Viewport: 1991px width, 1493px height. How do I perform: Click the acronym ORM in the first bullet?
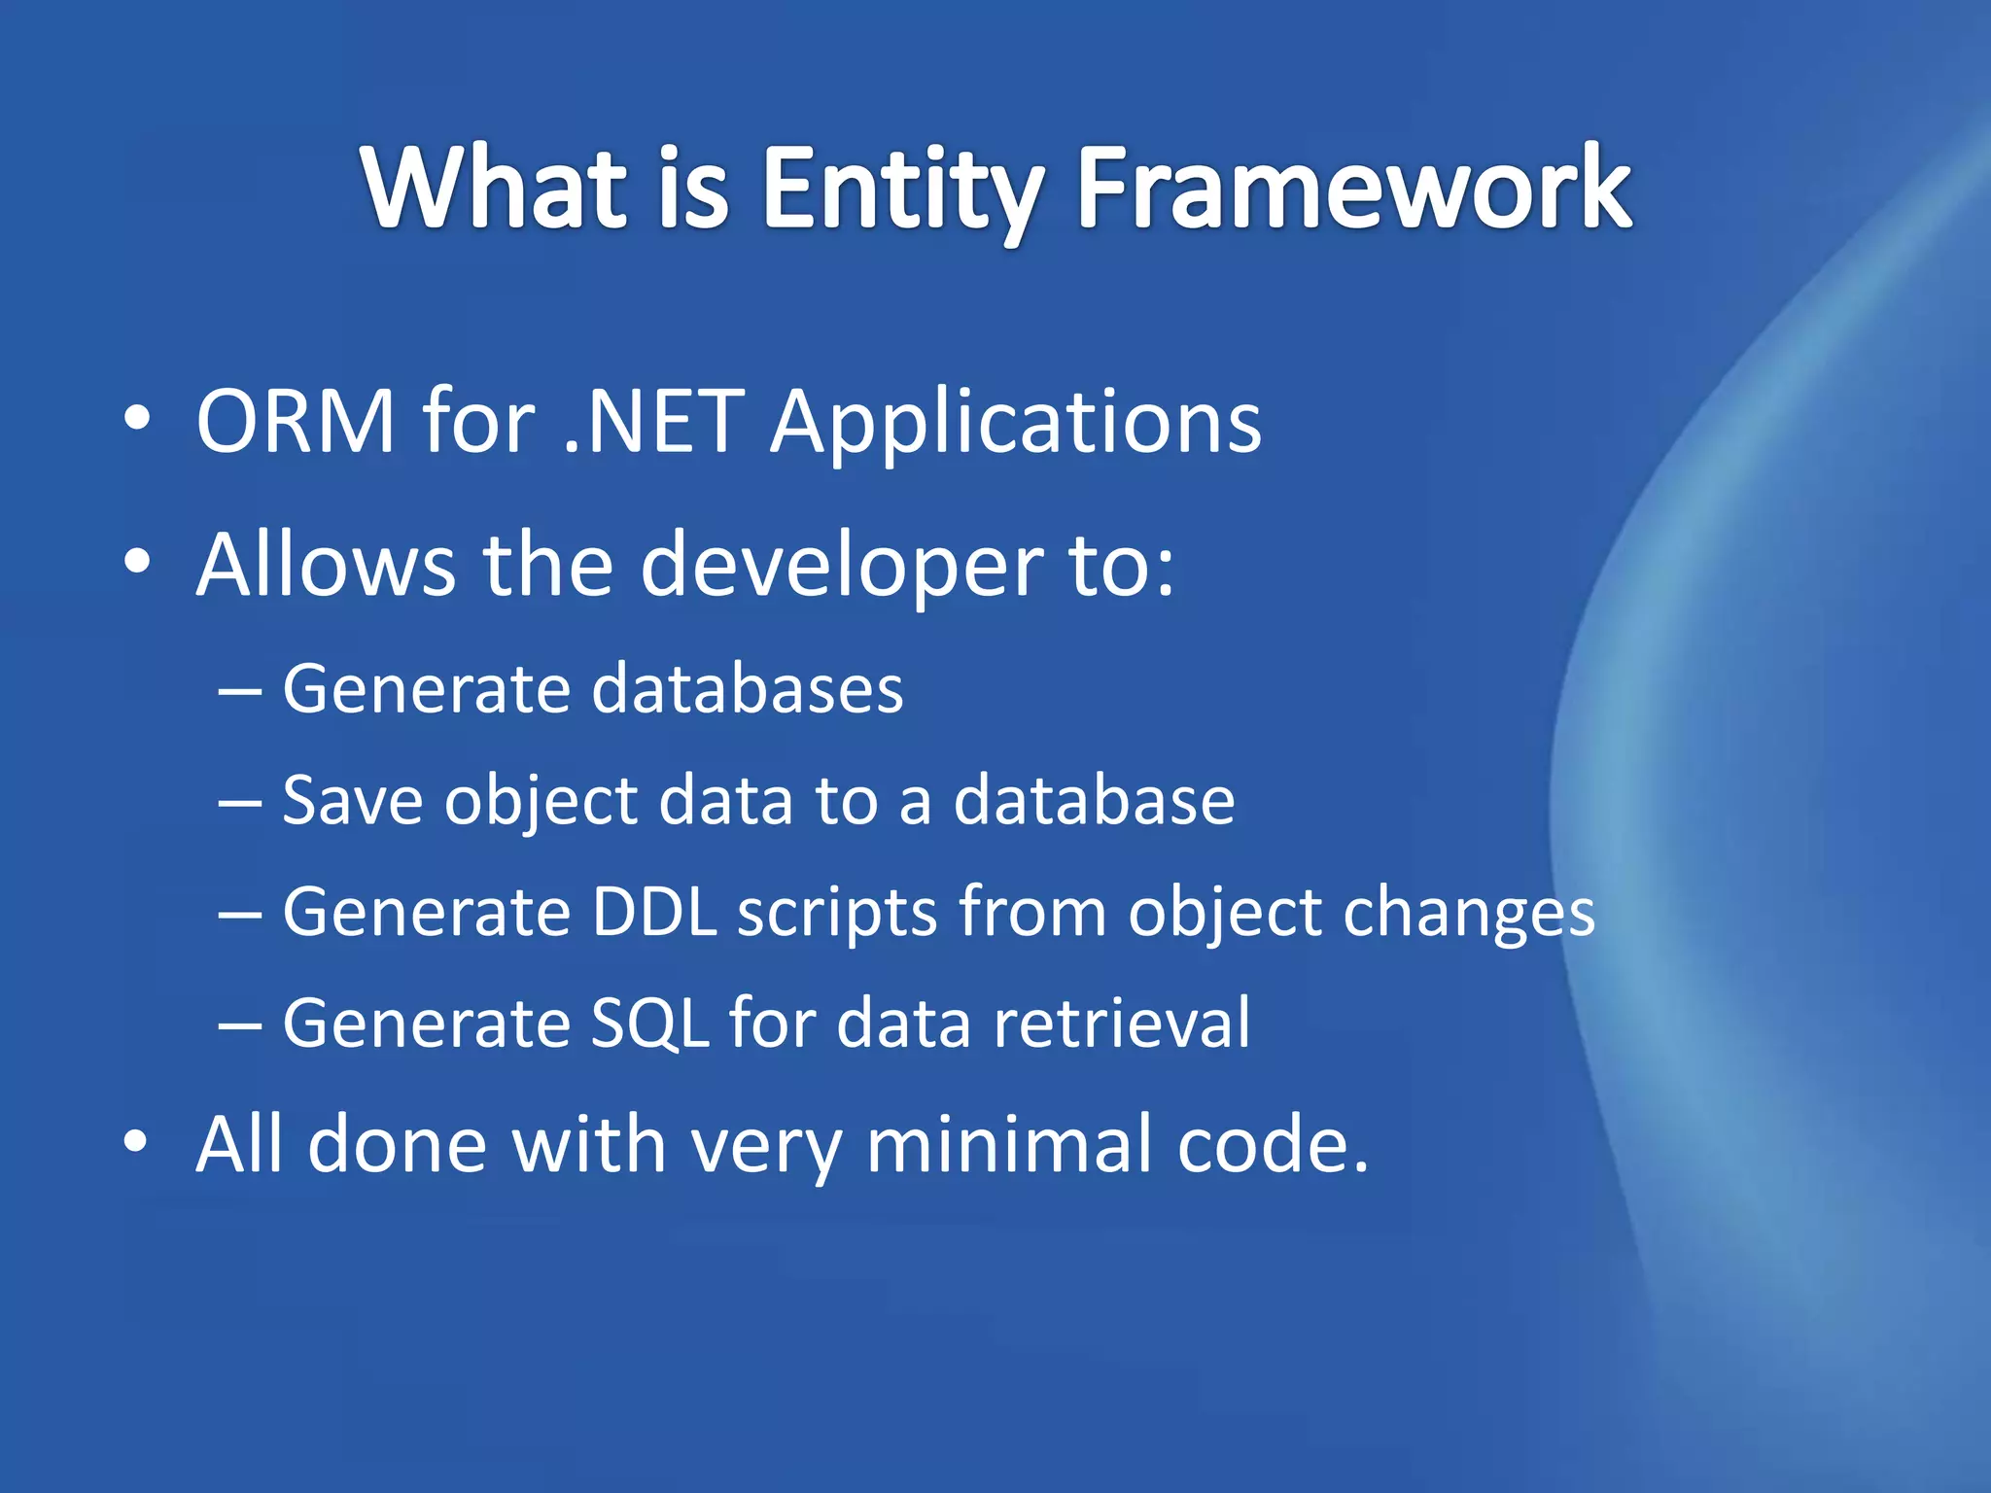pyautogui.click(x=296, y=421)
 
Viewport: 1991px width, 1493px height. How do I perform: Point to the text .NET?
pyautogui.click(x=653, y=421)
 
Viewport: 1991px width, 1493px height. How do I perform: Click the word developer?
pyautogui.click(x=841, y=566)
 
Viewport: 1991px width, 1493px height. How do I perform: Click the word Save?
pyautogui.click(x=352, y=800)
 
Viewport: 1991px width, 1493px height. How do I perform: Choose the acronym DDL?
pyautogui.click(x=654, y=912)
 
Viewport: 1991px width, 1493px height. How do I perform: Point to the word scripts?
pyautogui.click(x=837, y=914)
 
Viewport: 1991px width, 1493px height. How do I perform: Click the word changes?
pyautogui.click(x=1468, y=914)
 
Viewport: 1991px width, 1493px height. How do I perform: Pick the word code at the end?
pyautogui.click(x=1261, y=1144)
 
